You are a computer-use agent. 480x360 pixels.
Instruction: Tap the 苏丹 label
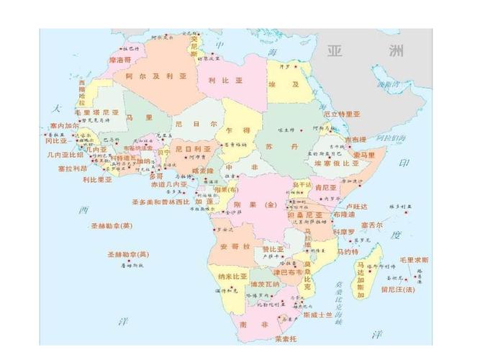tap(271, 146)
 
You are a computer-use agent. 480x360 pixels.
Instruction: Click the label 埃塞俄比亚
tap(336, 163)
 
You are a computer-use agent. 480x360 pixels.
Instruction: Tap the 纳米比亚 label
tap(232, 276)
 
